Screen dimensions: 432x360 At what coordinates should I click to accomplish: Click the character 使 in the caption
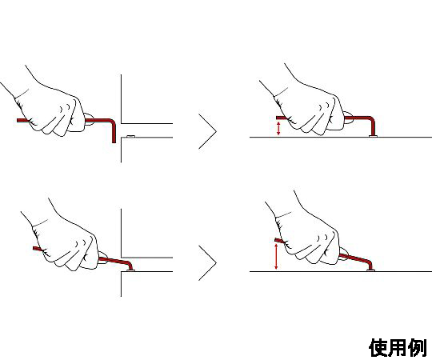click(378, 348)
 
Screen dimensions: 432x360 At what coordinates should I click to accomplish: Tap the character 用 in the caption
click(398, 348)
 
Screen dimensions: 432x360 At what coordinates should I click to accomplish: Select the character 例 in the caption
click(417, 348)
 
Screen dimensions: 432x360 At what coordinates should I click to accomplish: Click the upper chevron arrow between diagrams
click(208, 131)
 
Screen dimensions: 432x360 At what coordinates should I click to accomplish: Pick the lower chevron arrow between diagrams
click(208, 262)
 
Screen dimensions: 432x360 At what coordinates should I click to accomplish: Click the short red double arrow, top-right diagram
click(278, 129)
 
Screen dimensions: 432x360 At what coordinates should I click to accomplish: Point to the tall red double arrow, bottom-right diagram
click(276, 257)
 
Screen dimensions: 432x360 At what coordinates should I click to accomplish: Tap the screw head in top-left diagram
click(130, 136)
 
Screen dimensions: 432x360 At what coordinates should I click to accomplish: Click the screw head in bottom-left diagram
click(130, 271)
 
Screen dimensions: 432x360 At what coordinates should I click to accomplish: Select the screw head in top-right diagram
click(373, 136)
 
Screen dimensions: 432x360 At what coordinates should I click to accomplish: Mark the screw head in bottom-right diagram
click(371, 270)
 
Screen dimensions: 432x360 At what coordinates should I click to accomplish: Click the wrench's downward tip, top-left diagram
click(114, 142)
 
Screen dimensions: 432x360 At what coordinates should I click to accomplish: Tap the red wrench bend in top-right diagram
click(371, 120)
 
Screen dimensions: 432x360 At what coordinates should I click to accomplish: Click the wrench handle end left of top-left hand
click(18, 120)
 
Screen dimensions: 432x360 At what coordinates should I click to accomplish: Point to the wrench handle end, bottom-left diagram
click(34, 248)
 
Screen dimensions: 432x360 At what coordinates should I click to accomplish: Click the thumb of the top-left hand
click(89, 119)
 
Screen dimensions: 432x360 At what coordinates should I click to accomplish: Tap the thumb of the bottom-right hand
click(342, 254)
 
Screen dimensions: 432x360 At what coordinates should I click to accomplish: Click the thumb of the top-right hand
click(348, 118)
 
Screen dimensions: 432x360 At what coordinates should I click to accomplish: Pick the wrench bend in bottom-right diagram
click(369, 263)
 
